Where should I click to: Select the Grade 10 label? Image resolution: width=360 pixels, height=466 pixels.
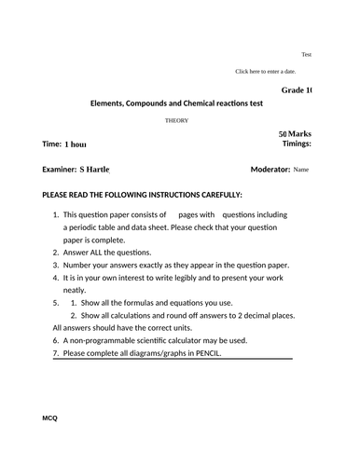point(296,89)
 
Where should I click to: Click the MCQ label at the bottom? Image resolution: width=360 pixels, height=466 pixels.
point(50,418)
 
